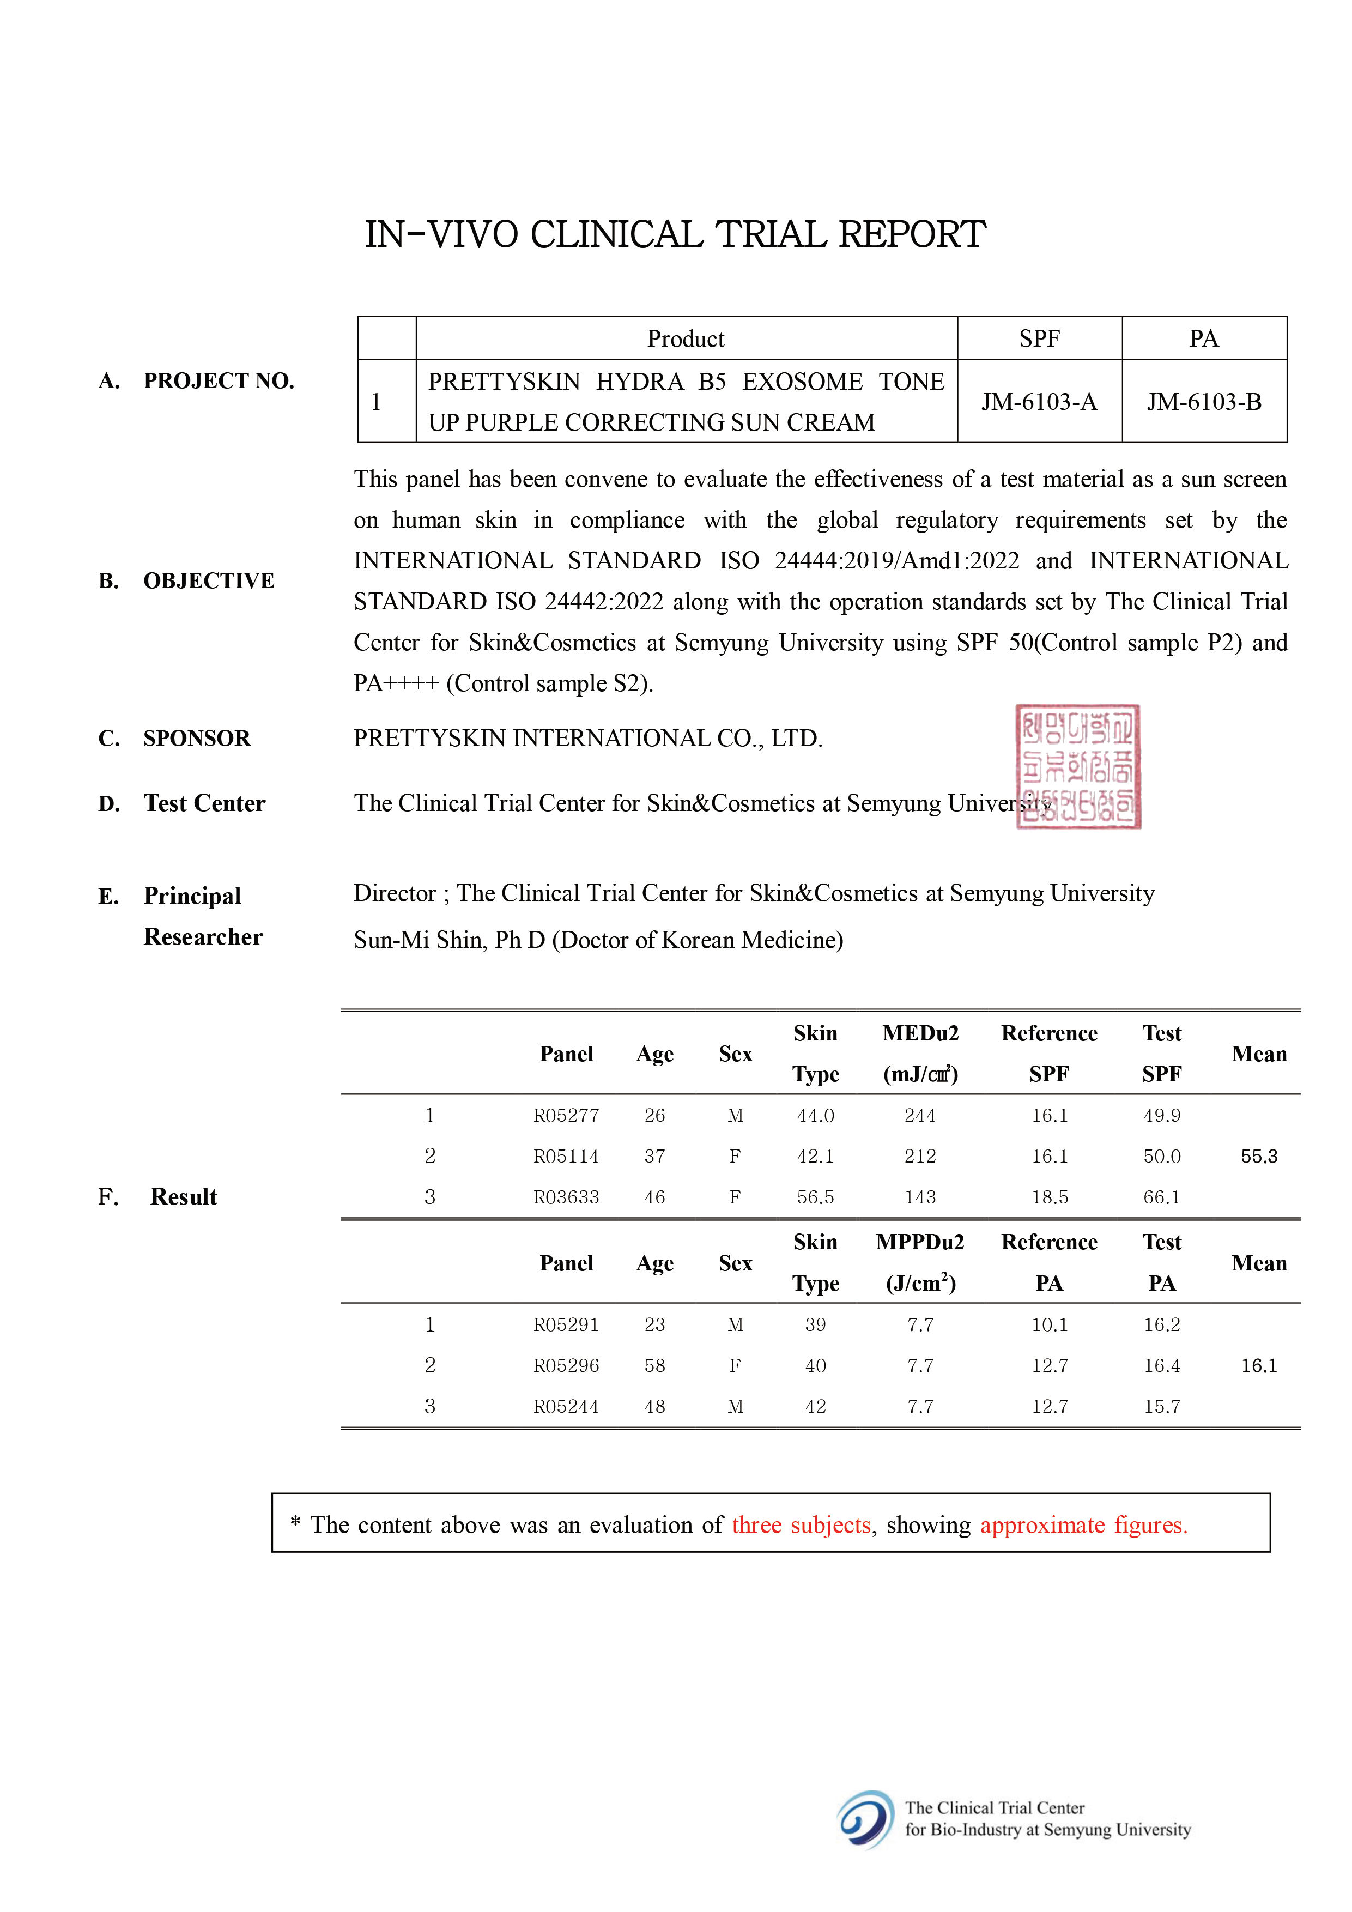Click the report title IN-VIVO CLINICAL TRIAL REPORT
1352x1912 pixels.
pyautogui.click(x=675, y=235)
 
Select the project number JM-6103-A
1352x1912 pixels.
pyautogui.click(x=1039, y=402)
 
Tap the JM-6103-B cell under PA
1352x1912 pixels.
pyautogui.click(x=1204, y=402)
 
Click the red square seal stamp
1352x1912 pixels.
pyautogui.click(x=1078, y=767)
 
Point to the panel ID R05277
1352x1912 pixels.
pyautogui.click(x=566, y=1116)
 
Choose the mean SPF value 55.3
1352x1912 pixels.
pyautogui.click(x=1259, y=1157)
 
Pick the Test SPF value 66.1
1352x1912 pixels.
pyautogui.click(x=1161, y=1197)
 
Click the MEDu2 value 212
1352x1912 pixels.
pyautogui.click(x=920, y=1157)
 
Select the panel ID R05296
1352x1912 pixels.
pyautogui.click(x=566, y=1366)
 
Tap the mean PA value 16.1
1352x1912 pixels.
pyautogui.click(x=1259, y=1366)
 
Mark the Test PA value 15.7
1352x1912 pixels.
pyautogui.click(x=1161, y=1407)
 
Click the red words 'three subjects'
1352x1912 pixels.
pyautogui.click(x=801, y=1525)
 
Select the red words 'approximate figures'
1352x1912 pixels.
pyautogui.click(x=1083, y=1525)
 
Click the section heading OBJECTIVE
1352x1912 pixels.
pyautogui.click(x=208, y=580)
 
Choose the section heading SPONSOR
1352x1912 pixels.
pyautogui.click(x=197, y=739)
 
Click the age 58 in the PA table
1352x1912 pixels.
pyautogui.click(x=654, y=1366)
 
